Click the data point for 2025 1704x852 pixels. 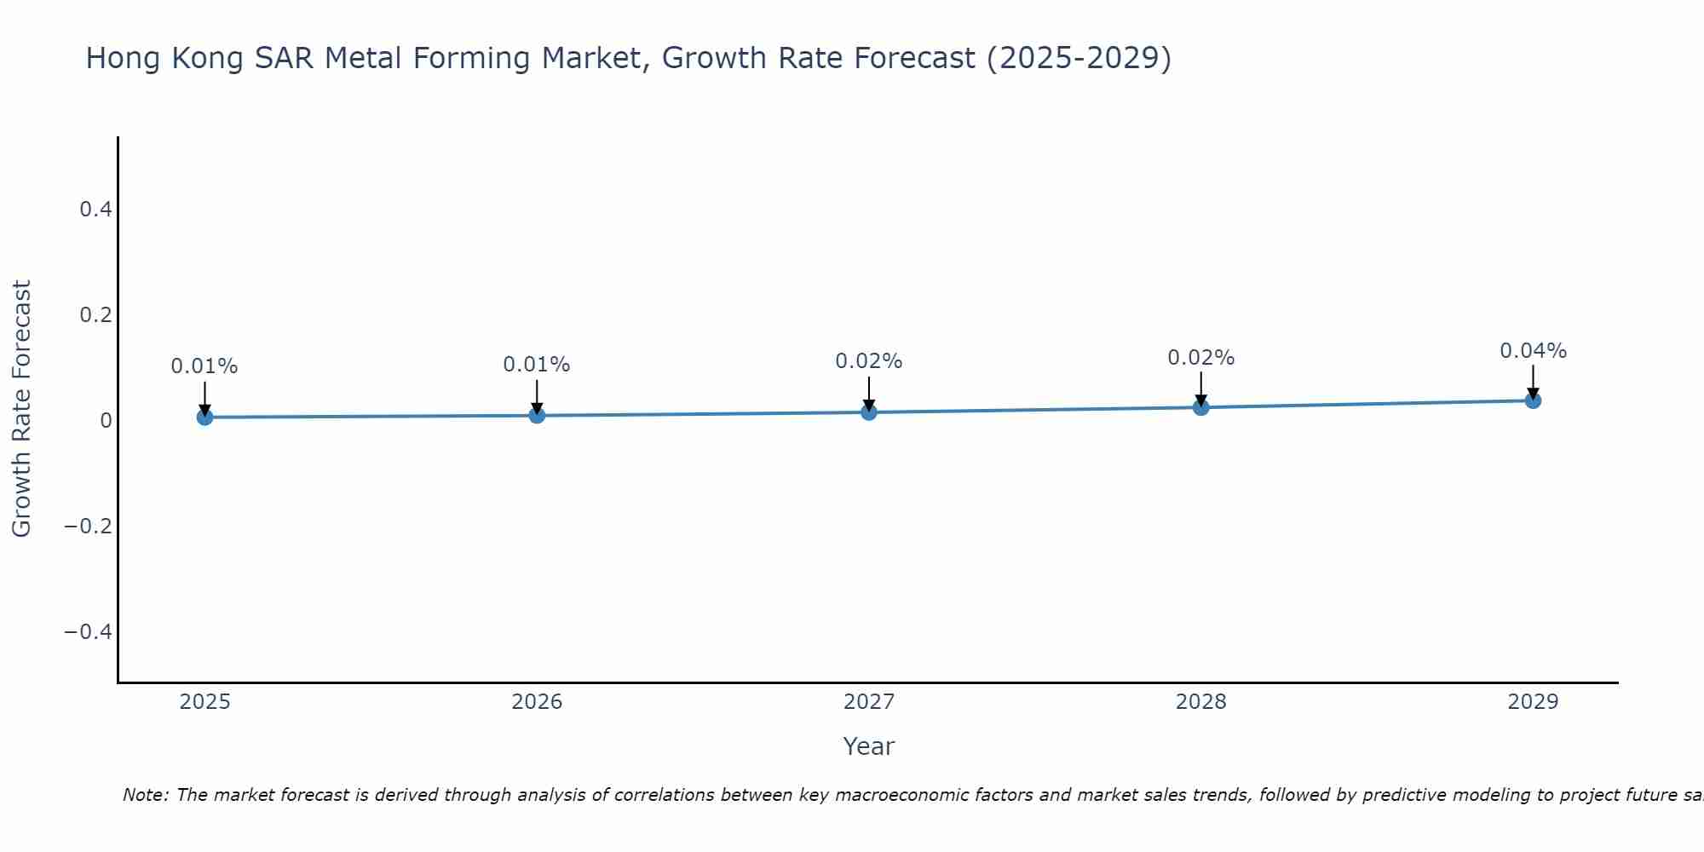(204, 417)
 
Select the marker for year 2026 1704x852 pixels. (537, 415)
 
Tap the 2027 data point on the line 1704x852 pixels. (869, 412)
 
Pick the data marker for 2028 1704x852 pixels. (1201, 407)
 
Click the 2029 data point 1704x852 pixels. (1533, 400)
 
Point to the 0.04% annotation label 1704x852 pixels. (1533, 351)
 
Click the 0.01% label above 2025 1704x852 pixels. (204, 366)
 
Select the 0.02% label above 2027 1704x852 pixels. (869, 361)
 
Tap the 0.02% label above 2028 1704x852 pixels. (1201, 358)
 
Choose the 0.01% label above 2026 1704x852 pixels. (537, 365)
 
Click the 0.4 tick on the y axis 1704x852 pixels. (96, 209)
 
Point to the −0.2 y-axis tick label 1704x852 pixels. (89, 526)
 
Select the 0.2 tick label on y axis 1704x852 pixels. (96, 314)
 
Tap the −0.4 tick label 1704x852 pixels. (89, 631)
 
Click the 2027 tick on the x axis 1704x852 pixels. (869, 702)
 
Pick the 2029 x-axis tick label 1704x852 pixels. (1533, 702)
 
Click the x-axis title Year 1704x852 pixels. (869, 746)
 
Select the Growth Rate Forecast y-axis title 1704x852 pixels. (21, 409)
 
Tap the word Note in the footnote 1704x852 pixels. (146, 795)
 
